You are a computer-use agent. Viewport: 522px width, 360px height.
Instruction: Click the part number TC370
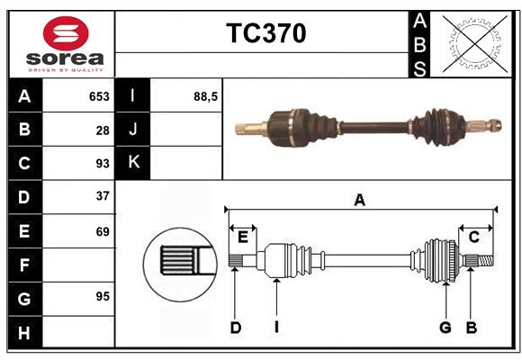coord(265,33)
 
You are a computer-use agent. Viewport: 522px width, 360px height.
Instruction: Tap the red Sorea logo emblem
coord(67,34)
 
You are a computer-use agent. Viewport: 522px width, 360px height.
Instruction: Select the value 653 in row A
coord(99,96)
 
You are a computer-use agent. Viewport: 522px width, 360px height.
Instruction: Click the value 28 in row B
coord(103,130)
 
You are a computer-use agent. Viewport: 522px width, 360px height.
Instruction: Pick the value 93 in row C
coord(103,164)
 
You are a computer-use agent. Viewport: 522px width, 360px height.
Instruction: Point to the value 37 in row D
coord(103,196)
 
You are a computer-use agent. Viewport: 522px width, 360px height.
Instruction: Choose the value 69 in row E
coord(103,231)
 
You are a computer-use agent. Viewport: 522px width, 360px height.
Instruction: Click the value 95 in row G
coord(103,296)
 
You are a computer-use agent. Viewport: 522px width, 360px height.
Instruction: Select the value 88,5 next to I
coord(206,95)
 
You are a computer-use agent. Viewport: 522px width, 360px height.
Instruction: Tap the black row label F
coord(24,265)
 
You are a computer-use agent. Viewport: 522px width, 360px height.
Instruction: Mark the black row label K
coord(134,163)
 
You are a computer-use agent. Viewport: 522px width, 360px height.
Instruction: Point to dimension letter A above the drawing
coord(360,201)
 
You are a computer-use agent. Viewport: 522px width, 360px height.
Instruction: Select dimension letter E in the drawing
coord(242,237)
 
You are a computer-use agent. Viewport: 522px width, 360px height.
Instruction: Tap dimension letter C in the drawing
coord(473,237)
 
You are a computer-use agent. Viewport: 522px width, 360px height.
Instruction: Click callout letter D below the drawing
coord(235,328)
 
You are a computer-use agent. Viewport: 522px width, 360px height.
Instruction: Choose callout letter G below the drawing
coord(445,328)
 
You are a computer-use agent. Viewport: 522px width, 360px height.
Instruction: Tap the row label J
coord(134,130)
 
